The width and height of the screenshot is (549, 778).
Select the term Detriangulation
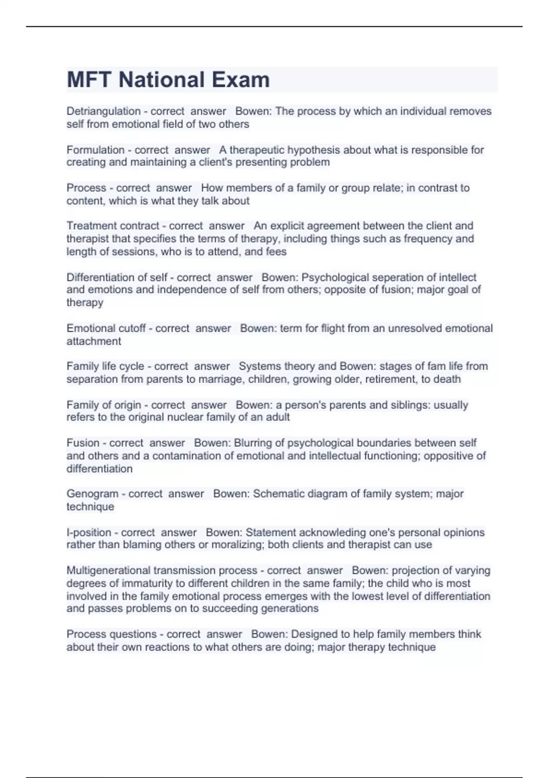[103, 111]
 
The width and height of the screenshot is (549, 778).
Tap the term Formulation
[96, 150]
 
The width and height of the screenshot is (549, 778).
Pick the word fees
[276, 251]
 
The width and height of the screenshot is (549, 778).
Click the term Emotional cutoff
[106, 328]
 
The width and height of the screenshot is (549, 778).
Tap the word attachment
[94, 341]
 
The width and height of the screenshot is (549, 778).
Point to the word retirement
[391, 379]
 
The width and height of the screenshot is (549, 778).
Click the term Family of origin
[104, 405]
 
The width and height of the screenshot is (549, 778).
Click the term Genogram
[92, 494]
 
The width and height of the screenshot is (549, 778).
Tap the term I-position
[89, 532]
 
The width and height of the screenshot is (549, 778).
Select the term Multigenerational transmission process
[162, 570]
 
